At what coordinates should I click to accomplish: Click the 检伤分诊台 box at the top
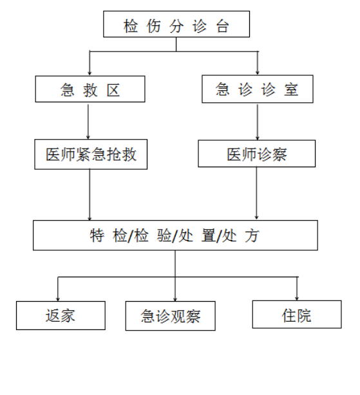tap(176, 24)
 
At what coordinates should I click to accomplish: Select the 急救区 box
tap(90, 89)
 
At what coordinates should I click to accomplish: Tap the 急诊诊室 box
tap(258, 89)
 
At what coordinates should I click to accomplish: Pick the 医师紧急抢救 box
tap(91, 154)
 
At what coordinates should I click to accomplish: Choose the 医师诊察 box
tap(257, 153)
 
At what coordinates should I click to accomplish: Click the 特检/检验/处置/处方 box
tap(175, 235)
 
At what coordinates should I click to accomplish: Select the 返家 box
tap(61, 315)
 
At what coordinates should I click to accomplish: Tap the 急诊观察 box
tap(171, 316)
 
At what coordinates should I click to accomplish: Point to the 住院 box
tap(297, 315)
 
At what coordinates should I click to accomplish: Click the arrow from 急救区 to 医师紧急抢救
tap(88, 122)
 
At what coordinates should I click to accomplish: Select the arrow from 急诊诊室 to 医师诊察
tap(258, 122)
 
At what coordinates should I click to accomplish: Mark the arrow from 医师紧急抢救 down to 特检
tap(90, 195)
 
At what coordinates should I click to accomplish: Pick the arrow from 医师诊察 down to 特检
tap(257, 193)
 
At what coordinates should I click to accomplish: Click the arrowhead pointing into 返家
tap(58, 299)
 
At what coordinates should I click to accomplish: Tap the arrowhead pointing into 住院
tap(297, 299)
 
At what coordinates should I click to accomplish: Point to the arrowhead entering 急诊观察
tap(175, 299)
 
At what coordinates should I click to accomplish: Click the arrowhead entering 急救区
tap(90, 73)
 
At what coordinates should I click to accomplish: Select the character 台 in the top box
tap(222, 26)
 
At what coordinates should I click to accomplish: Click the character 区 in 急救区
tap(113, 91)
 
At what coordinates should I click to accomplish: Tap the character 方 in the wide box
tap(252, 236)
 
